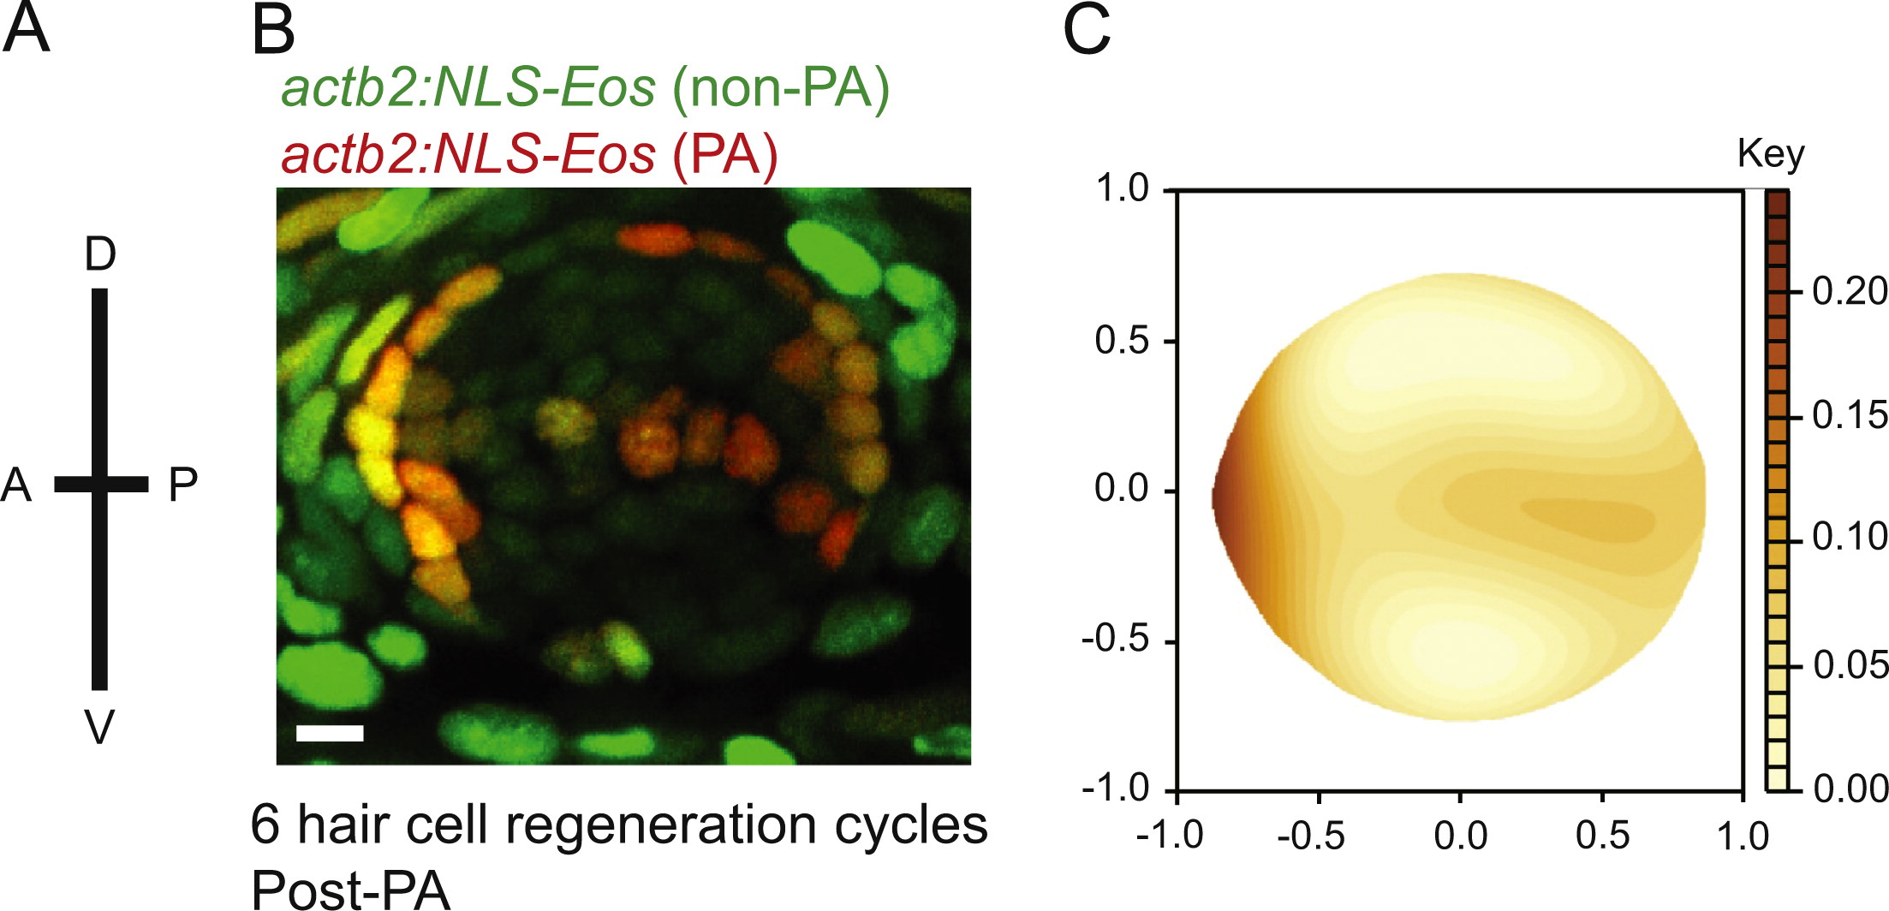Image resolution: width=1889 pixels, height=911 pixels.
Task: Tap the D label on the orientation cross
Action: pos(100,253)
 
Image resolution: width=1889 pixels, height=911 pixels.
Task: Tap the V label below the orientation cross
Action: pos(99,728)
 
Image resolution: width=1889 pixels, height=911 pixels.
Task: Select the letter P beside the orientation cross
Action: pos(182,485)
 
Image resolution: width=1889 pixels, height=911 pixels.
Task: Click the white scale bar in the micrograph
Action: pos(330,733)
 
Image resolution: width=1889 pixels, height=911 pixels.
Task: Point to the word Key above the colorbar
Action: pos(1771,154)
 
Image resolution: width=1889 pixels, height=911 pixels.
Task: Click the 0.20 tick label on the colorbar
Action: pos(1850,291)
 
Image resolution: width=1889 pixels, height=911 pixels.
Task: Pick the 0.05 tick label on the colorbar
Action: pos(1850,664)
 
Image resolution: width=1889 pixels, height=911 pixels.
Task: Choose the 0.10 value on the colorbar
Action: pos(1850,537)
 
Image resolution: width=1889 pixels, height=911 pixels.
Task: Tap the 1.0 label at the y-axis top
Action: pos(1122,188)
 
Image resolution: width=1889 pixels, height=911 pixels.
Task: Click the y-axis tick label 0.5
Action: pos(1122,341)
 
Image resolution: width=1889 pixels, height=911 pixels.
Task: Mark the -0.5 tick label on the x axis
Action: pos(1310,835)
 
